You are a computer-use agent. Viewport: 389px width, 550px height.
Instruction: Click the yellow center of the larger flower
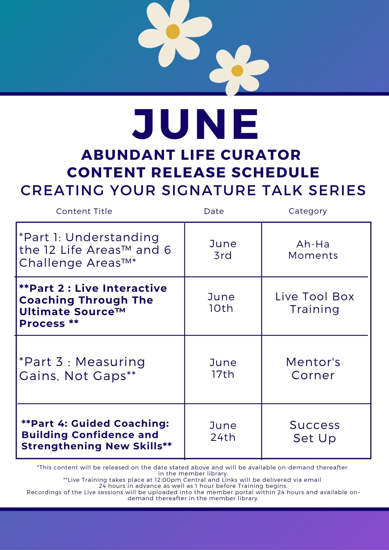pyautogui.click(x=173, y=31)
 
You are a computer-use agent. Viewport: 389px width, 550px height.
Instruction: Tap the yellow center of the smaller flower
pyautogui.click(x=237, y=71)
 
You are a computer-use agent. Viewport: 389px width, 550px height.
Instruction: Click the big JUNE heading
pyautogui.click(x=195, y=124)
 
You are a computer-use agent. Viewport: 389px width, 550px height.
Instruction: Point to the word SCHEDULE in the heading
pyautogui.click(x=275, y=172)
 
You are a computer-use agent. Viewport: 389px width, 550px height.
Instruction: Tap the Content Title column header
pyautogui.click(x=84, y=211)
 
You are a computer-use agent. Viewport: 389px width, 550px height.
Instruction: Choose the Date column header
pyautogui.click(x=214, y=211)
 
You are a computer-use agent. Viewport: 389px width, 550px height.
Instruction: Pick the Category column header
pyautogui.click(x=308, y=211)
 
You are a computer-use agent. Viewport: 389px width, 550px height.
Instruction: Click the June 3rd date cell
pyautogui.click(x=223, y=249)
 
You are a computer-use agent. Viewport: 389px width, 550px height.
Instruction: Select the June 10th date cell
pyautogui.click(x=221, y=302)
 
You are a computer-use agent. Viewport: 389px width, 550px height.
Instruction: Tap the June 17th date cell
pyautogui.click(x=223, y=368)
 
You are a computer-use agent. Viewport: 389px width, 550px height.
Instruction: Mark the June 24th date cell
pyautogui.click(x=223, y=431)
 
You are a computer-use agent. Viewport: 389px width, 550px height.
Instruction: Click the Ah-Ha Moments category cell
pyautogui.click(x=313, y=250)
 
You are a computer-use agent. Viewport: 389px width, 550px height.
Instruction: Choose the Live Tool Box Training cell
pyautogui.click(x=315, y=303)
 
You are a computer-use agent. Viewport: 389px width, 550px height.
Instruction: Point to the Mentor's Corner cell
pyautogui.click(x=313, y=369)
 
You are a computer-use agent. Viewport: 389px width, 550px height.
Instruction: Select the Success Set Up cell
pyautogui.click(x=315, y=431)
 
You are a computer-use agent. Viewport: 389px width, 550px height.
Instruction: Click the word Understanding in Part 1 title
pyautogui.click(x=112, y=237)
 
